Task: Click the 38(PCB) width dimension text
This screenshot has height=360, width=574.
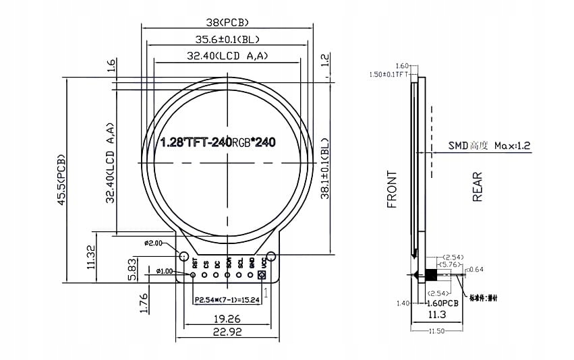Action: tap(228, 22)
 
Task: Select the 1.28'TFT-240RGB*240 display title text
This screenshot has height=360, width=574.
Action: tap(218, 143)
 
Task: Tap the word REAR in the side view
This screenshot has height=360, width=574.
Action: tap(478, 187)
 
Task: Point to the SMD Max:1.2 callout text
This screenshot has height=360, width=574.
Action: tap(490, 145)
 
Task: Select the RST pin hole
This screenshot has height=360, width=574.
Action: tap(194, 275)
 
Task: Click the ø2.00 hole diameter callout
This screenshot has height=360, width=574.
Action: tap(154, 243)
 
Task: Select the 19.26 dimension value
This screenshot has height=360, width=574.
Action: tap(227, 317)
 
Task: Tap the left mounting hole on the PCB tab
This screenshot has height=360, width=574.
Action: tap(183, 256)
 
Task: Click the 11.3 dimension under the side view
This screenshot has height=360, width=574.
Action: tap(436, 314)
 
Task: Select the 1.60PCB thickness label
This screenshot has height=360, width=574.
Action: tap(443, 303)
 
